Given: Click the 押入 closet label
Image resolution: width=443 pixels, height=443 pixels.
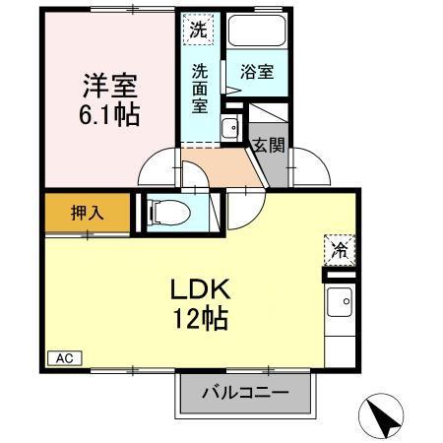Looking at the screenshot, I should point(87,212).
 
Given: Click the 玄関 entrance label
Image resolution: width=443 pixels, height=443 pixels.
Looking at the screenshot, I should point(268,147).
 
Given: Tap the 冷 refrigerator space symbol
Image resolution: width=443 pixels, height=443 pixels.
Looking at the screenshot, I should point(337,250).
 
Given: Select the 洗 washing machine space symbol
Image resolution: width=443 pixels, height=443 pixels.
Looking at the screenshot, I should point(199,29).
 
